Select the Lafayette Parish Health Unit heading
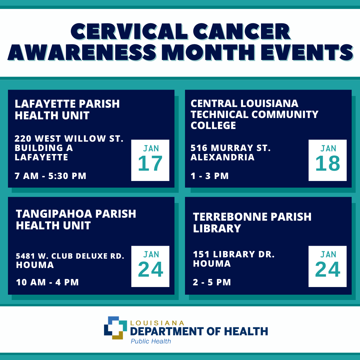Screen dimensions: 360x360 tap(67, 109)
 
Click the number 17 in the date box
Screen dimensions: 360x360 tap(150, 164)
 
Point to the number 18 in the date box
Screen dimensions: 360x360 tap(327, 164)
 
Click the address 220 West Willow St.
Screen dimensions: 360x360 tap(69, 138)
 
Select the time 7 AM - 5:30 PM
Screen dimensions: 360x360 tap(51, 176)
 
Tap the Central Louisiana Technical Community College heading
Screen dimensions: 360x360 tap(254, 114)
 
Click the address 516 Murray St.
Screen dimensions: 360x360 tap(230, 148)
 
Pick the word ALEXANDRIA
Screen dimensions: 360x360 tap(222, 157)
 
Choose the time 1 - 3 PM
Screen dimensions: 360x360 tap(210, 176)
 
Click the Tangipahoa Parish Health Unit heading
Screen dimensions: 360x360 tap(76, 219)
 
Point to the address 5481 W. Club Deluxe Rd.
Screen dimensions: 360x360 tap(70, 256)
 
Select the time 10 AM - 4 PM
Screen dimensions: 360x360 tap(47, 282)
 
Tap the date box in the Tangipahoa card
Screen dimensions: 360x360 tap(150, 266)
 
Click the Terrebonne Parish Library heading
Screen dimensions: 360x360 tap(252, 222)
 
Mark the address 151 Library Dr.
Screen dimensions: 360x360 tap(234, 254)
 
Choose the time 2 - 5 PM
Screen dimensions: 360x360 tap(212, 282)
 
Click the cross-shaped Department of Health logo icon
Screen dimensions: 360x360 tap(115, 328)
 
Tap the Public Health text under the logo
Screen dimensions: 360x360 tap(151, 341)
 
